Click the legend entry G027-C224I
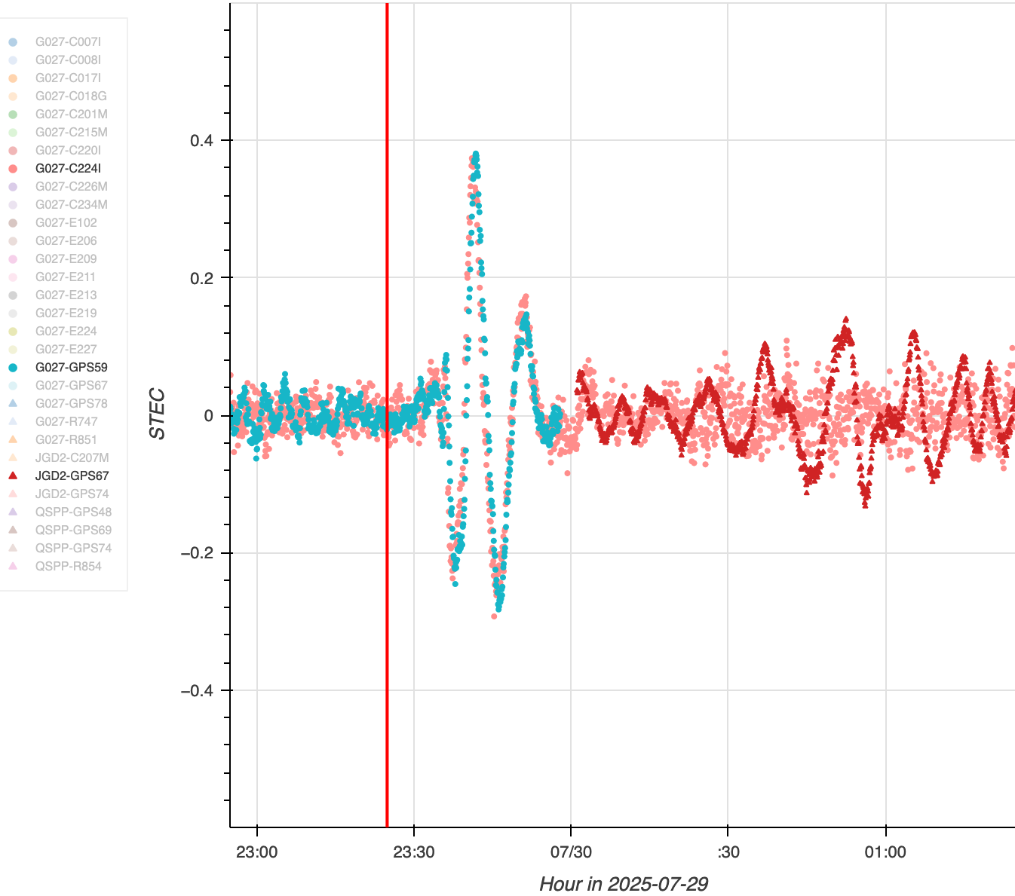tap(68, 168)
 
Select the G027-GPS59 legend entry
tap(71, 367)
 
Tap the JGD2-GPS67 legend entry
tap(72, 476)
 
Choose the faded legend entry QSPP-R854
tap(68, 566)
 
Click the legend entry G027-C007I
tap(68, 41)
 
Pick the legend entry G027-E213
tap(66, 295)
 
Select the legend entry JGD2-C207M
tap(72, 457)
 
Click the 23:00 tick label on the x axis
tap(257, 852)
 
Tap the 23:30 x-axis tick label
tap(414, 852)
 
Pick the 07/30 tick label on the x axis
tap(571, 852)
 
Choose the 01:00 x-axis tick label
tap(885, 852)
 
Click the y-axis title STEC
tap(157, 414)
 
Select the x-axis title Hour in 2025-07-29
tap(623, 883)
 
